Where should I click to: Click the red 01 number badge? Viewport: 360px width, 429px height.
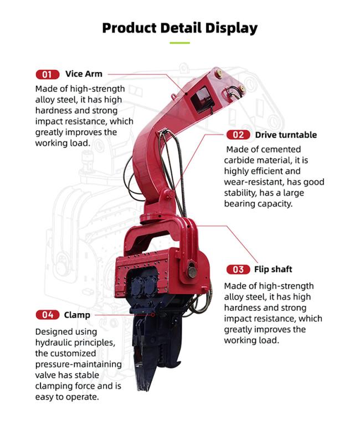point(48,74)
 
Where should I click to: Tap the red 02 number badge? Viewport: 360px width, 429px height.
point(238,135)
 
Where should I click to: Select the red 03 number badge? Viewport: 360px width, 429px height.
point(238,269)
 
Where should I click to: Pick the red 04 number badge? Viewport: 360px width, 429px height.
point(48,315)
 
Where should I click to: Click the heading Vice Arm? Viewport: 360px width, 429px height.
point(84,74)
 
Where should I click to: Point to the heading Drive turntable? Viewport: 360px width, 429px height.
point(286,135)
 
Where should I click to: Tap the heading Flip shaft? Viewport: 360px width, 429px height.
point(273,269)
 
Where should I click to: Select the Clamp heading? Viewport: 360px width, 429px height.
point(77,315)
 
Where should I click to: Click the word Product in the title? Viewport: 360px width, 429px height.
point(129,28)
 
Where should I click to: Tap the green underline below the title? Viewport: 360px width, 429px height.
point(179,43)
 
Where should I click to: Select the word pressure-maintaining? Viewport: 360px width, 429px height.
point(79,365)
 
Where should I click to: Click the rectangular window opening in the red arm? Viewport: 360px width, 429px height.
point(202,99)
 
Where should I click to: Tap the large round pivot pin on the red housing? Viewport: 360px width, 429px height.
point(192,272)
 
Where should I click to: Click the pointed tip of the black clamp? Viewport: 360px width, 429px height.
point(142,388)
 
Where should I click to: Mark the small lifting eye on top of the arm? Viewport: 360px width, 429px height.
point(173,96)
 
